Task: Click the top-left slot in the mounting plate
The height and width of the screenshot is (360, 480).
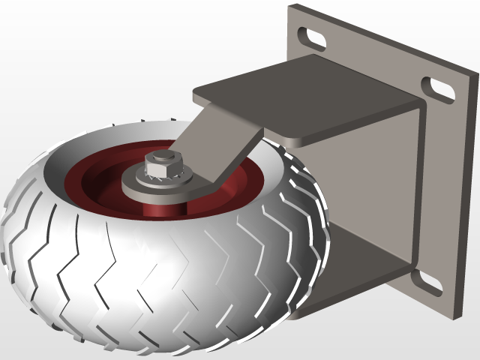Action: click(314, 35)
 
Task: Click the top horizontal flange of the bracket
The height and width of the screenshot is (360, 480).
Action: click(300, 97)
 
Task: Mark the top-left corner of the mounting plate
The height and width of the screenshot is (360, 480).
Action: click(291, 7)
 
